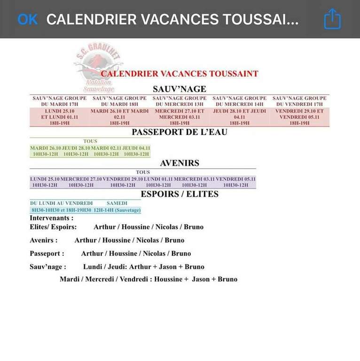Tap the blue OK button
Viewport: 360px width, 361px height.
coord(27,19)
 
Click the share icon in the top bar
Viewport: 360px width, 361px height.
coord(332,19)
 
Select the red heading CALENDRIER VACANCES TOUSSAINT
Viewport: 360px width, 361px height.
coord(180,74)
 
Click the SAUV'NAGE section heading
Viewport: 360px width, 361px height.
coord(180,89)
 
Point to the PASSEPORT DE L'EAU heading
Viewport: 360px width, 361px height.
coord(180,132)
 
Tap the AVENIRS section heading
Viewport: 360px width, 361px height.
coord(180,164)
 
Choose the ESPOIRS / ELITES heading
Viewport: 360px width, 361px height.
coord(180,194)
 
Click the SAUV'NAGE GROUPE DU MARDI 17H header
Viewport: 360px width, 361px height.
coord(59,101)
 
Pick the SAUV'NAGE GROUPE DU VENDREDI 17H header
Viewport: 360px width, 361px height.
coord(299,101)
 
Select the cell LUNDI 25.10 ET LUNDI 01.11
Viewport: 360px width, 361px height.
coord(59,114)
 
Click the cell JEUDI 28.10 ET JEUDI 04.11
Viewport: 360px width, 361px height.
coord(239,114)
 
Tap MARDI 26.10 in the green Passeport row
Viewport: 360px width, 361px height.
coord(45,148)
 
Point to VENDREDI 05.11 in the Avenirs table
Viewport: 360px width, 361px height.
coord(235,179)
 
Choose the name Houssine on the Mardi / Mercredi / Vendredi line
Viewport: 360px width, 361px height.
coord(173,279)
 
